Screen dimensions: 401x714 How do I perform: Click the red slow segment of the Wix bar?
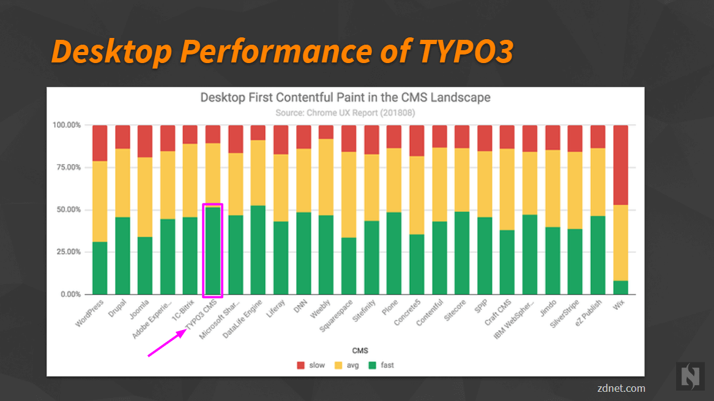(620, 165)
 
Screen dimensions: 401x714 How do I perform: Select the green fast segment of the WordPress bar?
(100, 268)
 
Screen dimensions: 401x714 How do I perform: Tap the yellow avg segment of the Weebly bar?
(326, 177)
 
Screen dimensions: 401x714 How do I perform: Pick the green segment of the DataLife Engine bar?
(258, 250)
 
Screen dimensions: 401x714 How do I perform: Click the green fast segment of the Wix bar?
(620, 288)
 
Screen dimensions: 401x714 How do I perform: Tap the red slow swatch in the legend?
(300, 365)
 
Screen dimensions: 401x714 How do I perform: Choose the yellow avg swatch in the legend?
(337, 365)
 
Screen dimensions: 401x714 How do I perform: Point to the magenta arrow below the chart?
(167, 343)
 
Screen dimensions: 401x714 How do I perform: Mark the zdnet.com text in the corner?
(621, 388)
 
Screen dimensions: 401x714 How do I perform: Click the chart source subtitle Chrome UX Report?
(345, 113)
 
